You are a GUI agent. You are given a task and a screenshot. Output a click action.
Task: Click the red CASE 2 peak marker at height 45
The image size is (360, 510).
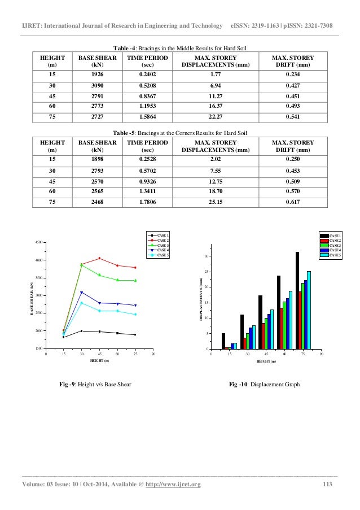coord(99,258)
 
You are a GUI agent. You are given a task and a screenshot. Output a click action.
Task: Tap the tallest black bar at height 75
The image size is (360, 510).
coord(297,300)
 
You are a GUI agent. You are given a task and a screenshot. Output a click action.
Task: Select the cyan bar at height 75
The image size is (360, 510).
coord(309,310)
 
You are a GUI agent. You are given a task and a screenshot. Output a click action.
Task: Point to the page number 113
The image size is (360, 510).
coord(327,485)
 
